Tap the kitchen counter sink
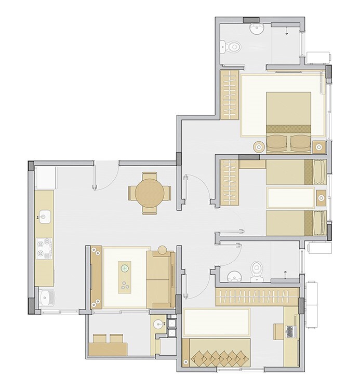pyautogui.click(x=45, y=215)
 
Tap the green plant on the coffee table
pyautogui.click(x=125, y=268)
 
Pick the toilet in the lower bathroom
pyautogui.click(x=256, y=269)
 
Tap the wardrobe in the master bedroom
pyautogui.click(x=229, y=94)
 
